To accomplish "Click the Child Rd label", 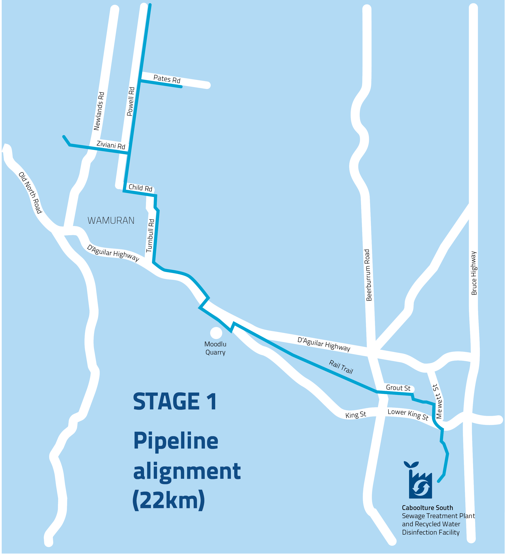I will click(x=140, y=188).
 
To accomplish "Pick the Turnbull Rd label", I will click(x=150, y=236).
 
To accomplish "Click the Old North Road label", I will click(x=30, y=193).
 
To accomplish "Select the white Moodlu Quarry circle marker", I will click(x=216, y=333).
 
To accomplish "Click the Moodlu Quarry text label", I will click(x=215, y=348).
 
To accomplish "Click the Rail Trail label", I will click(x=341, y=367).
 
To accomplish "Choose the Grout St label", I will click(x=398, y=388).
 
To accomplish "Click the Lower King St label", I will click(x=408, y=414).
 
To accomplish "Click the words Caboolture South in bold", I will click(x=427, y=508).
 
